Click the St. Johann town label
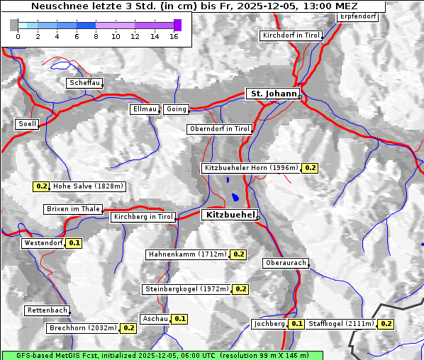pos(272,94)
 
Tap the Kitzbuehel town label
pos(229,215)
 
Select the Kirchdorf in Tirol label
pos(291,35)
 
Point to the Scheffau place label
pos(84,83)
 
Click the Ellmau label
pos(144,109)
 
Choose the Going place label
pos(176,109)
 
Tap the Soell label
pos(27,124)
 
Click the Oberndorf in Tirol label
pos(220,129)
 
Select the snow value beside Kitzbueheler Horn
pos(311,168)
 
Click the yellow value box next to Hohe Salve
pos(42,186)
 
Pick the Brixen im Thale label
pos(73,209)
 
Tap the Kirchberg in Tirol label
pos(143,217)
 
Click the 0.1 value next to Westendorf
pos(74,243)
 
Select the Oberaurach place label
pos(285,263)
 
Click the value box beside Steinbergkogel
pos(241,289)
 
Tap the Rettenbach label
pos(48,310)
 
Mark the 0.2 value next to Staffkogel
pos(386,324)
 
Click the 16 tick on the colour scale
pos(174,35)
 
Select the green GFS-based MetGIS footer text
pos(162,355)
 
